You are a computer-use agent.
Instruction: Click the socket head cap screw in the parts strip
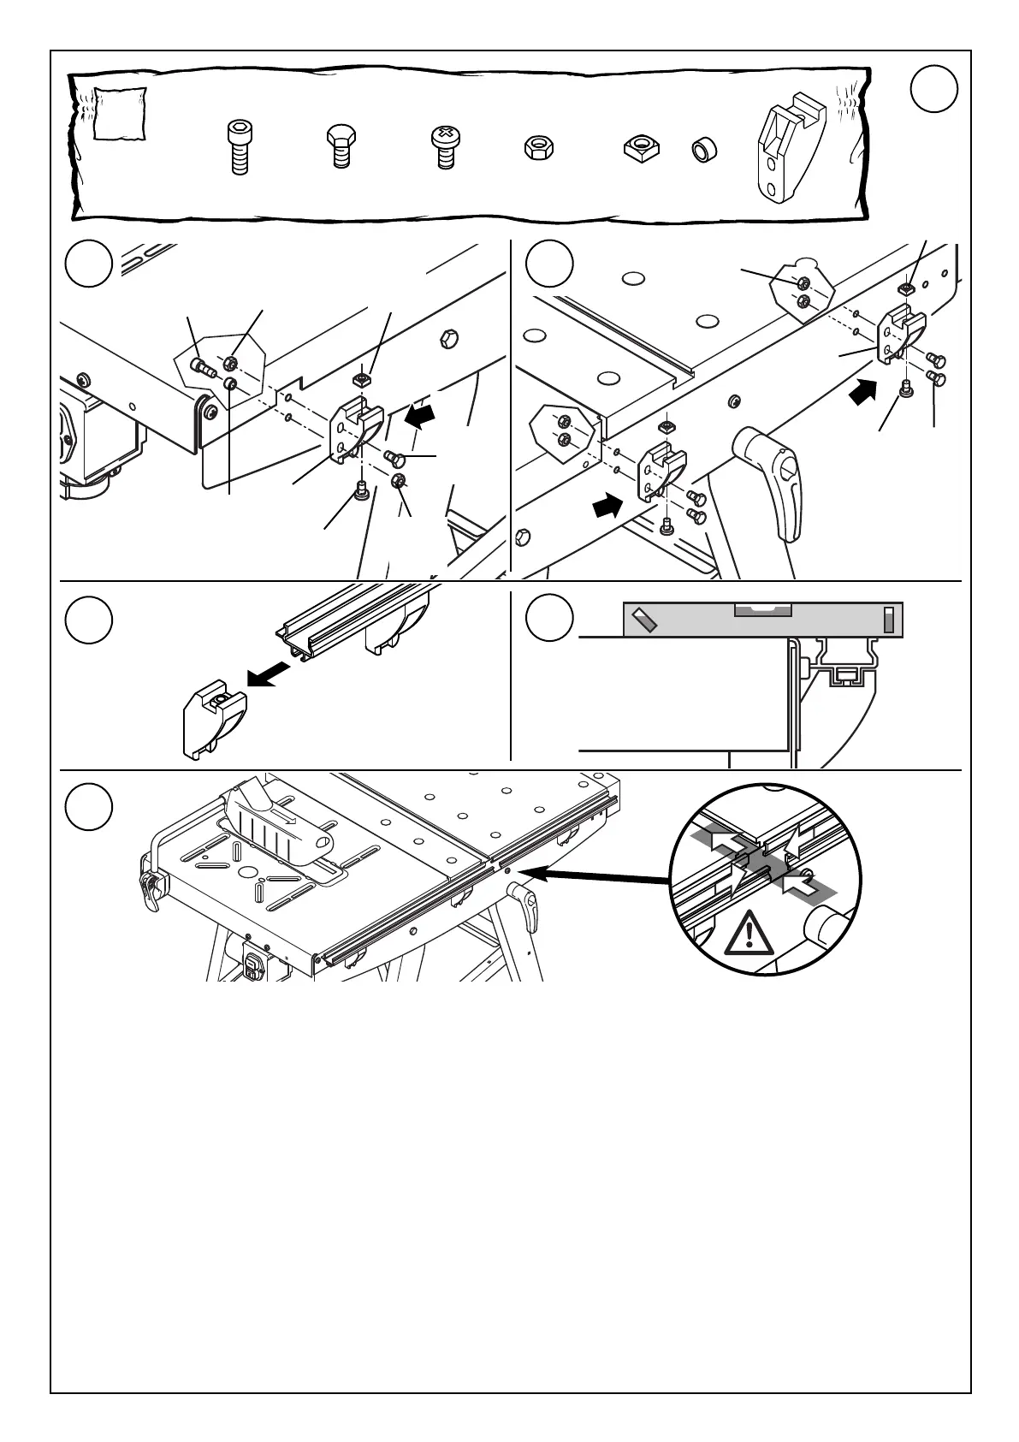(239, 147)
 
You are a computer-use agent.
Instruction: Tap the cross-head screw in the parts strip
(444, 146)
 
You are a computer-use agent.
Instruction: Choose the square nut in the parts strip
(640, 147)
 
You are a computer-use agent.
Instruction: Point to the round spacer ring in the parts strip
(704, 150)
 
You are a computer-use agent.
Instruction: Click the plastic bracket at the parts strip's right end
(790, 151)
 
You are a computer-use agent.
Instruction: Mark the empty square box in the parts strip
(119, 113)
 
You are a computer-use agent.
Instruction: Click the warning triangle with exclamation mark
(749, 933)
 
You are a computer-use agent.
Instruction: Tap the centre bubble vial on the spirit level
(763, 610)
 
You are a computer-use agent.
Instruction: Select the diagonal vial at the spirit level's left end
(643, 619)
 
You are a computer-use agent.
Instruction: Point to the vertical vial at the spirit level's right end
(890, 620)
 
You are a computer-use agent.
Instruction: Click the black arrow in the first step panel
(420, 417)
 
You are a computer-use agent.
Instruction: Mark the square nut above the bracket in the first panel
(363, 377)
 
